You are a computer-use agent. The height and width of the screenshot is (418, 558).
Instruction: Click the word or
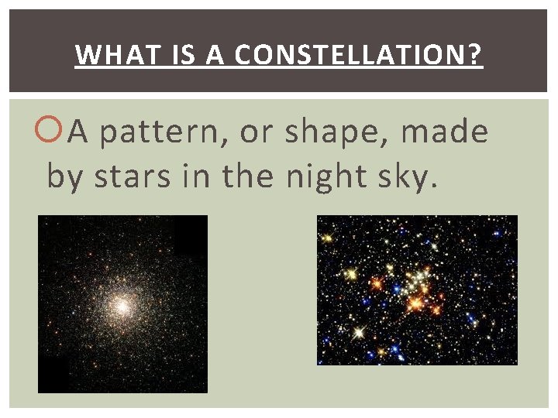[255, 133]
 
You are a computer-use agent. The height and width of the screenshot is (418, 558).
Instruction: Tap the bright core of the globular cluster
[122, 306]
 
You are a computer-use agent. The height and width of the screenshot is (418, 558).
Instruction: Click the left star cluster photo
[122, 303]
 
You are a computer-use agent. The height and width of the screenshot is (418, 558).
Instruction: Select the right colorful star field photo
[417, 290]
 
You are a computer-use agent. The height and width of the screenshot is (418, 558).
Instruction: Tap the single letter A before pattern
[78, 132]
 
